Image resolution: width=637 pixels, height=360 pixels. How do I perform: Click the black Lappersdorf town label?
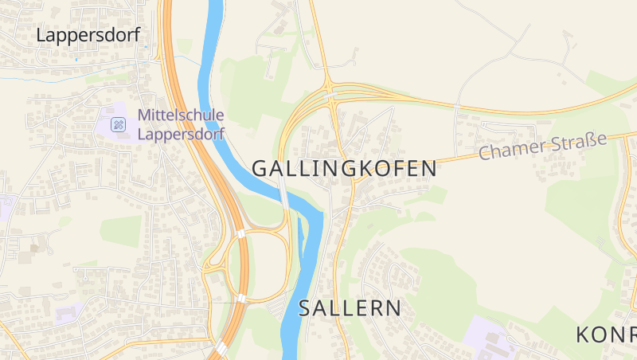click(x=88, y=35)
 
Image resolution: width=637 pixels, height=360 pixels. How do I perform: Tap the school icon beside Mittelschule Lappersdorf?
click(x=118, y=124)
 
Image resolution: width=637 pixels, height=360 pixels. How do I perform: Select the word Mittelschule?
click(x=181, y=115)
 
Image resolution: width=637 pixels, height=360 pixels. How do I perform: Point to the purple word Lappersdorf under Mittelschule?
click(x=181, y=134)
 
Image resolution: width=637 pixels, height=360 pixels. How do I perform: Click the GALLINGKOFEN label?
click(x=344, y=169)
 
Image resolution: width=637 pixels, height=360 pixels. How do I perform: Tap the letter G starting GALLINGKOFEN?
click(x=260, y=169)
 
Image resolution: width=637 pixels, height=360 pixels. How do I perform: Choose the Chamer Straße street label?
click(x=542, y=147)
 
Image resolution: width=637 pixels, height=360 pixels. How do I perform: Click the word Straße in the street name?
click(x=577, y=142)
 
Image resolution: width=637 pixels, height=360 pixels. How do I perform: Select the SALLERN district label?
click(x=350, y=309)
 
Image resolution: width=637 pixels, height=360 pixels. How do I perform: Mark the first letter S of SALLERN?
click(x=306, y=309)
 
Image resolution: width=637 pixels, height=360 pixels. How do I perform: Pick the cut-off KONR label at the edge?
click(x=606, y=335)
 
